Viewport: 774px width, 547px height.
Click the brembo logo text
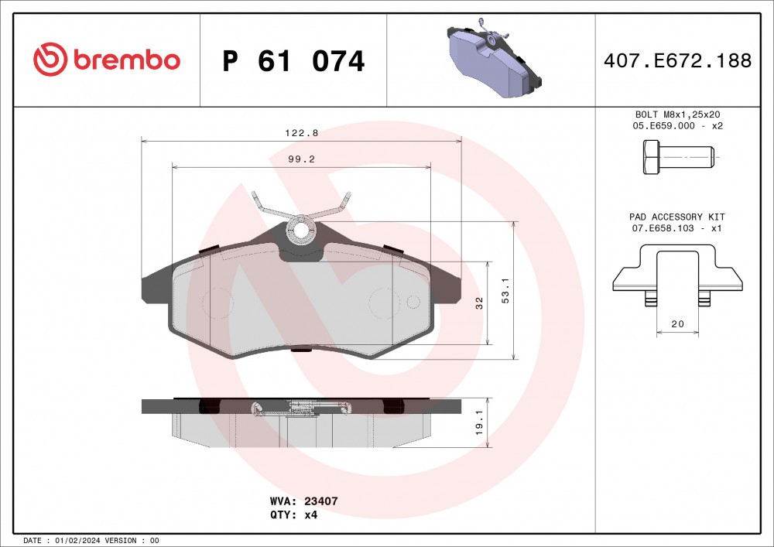pyautogui.click(x=126, y=60)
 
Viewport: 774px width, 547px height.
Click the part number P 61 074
pyautogui.click(x=293, y=61)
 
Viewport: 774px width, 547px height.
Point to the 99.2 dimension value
pyautogui.click(x=300, y=159)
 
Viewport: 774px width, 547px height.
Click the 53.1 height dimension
pyautogui.click(x=505, y=291)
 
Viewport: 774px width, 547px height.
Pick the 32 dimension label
pyautogui.click(x=479, y=303)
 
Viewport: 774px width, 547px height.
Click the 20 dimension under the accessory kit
pyautogui.click(x=677, y=324)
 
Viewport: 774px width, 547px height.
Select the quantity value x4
pyautogui.click(x=310, y=515)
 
